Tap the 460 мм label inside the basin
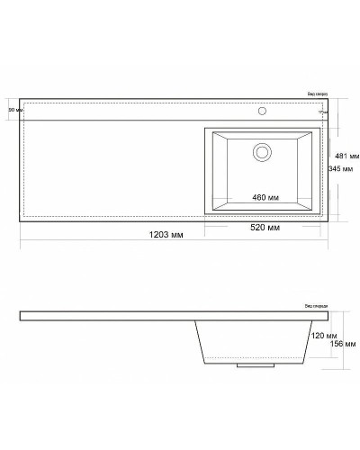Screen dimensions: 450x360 click(265, 197)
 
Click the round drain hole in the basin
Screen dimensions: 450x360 click(262, 150)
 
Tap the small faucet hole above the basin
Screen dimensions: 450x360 click(264, 112)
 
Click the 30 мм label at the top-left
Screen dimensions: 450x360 click(13, 109)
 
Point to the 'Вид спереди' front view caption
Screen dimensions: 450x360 click(317, 306)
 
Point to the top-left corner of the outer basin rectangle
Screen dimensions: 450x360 click(205, 125)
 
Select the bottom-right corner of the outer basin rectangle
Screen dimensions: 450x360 click(321, 216)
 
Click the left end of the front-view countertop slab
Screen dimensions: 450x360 click(22, 316)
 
